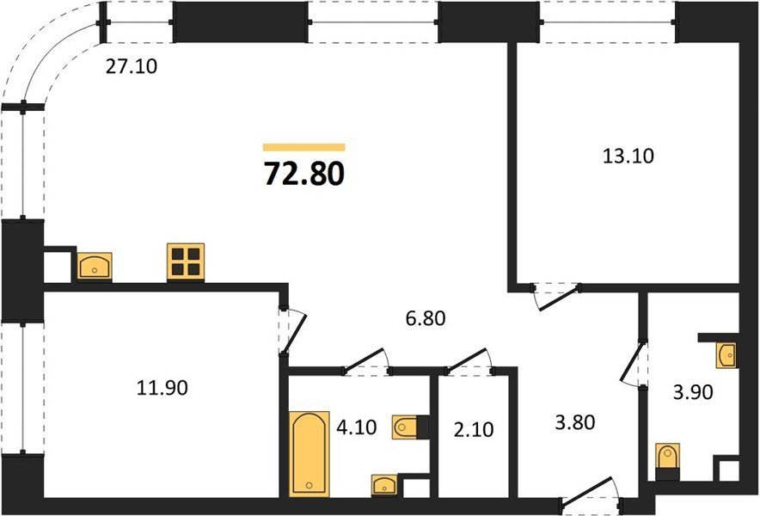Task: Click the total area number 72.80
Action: [304, 174]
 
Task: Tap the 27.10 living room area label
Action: [132, 66]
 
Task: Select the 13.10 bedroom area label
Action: [628, 157]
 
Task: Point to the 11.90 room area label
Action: [162, 388]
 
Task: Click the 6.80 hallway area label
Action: [426, 318]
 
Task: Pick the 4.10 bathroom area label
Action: [356, 427]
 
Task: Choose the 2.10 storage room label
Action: [474, 430]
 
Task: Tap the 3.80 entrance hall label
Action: [575, 422]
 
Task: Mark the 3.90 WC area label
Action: [693, 392]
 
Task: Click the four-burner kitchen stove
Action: [186, 262]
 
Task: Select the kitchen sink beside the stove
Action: [95, 267]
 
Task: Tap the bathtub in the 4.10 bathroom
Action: [310, 454]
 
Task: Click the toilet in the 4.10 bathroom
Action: [405, 427]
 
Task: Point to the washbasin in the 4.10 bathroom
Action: [384, 485]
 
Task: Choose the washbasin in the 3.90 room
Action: [726, 355]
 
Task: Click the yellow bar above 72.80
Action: [303, 147]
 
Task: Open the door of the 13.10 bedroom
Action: [556, 297]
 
